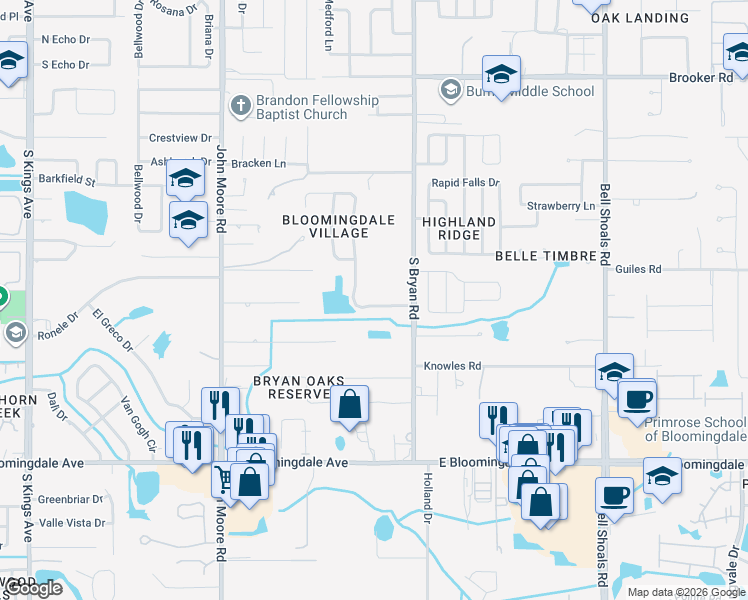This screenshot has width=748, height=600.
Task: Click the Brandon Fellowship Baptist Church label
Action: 303,107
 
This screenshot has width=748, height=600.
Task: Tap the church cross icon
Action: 240,103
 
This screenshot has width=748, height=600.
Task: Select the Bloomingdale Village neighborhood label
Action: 338,226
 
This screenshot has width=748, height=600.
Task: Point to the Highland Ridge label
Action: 458,228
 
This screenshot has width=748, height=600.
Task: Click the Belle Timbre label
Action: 546,256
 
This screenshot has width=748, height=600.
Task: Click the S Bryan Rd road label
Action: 413,288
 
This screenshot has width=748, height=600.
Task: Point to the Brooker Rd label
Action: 700,78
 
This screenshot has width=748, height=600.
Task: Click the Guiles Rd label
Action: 639,269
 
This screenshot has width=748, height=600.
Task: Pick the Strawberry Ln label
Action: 561,206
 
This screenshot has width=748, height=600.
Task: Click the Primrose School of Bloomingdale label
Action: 695,429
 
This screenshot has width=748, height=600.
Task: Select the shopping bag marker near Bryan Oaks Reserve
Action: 349,405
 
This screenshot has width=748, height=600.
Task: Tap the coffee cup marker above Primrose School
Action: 636,398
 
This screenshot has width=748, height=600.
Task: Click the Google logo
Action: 33,588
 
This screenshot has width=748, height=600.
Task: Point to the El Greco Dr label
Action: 112,331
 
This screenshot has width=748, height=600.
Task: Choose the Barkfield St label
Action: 69,182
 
